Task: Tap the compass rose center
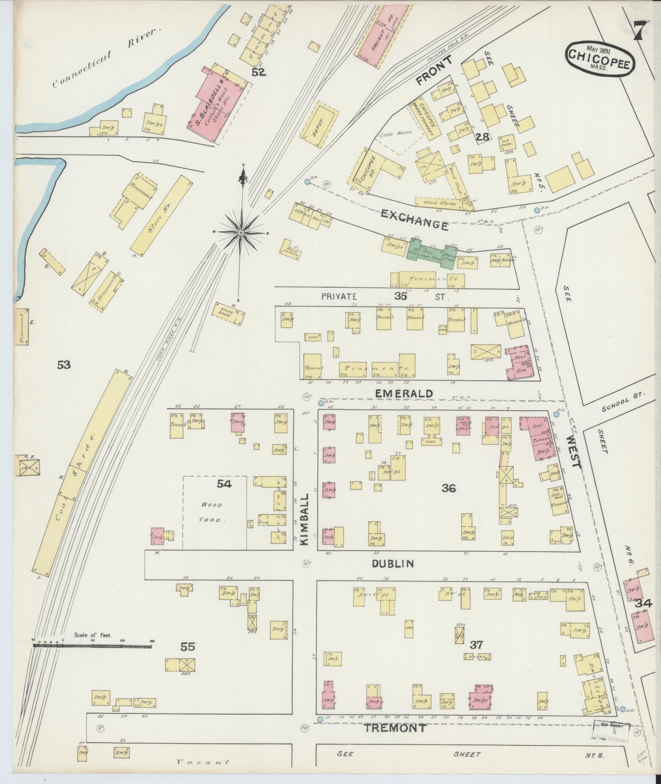tap(241, 232)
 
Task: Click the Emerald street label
tap(404, 393)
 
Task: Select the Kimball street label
tap(305, 518)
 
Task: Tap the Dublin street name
tap(393, 564)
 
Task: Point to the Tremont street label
tap(395, 728)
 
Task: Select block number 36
tap(449, 488)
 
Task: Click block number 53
tap(64, 364)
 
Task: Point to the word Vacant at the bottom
tap(202, 763)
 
